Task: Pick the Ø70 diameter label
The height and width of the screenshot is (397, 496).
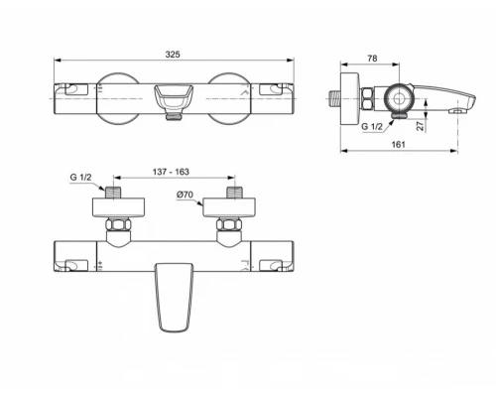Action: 185,195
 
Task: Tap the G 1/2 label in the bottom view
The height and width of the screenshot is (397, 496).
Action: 83,177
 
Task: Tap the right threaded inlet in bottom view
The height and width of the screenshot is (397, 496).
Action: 234,191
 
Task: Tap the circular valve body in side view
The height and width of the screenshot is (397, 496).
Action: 398,97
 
